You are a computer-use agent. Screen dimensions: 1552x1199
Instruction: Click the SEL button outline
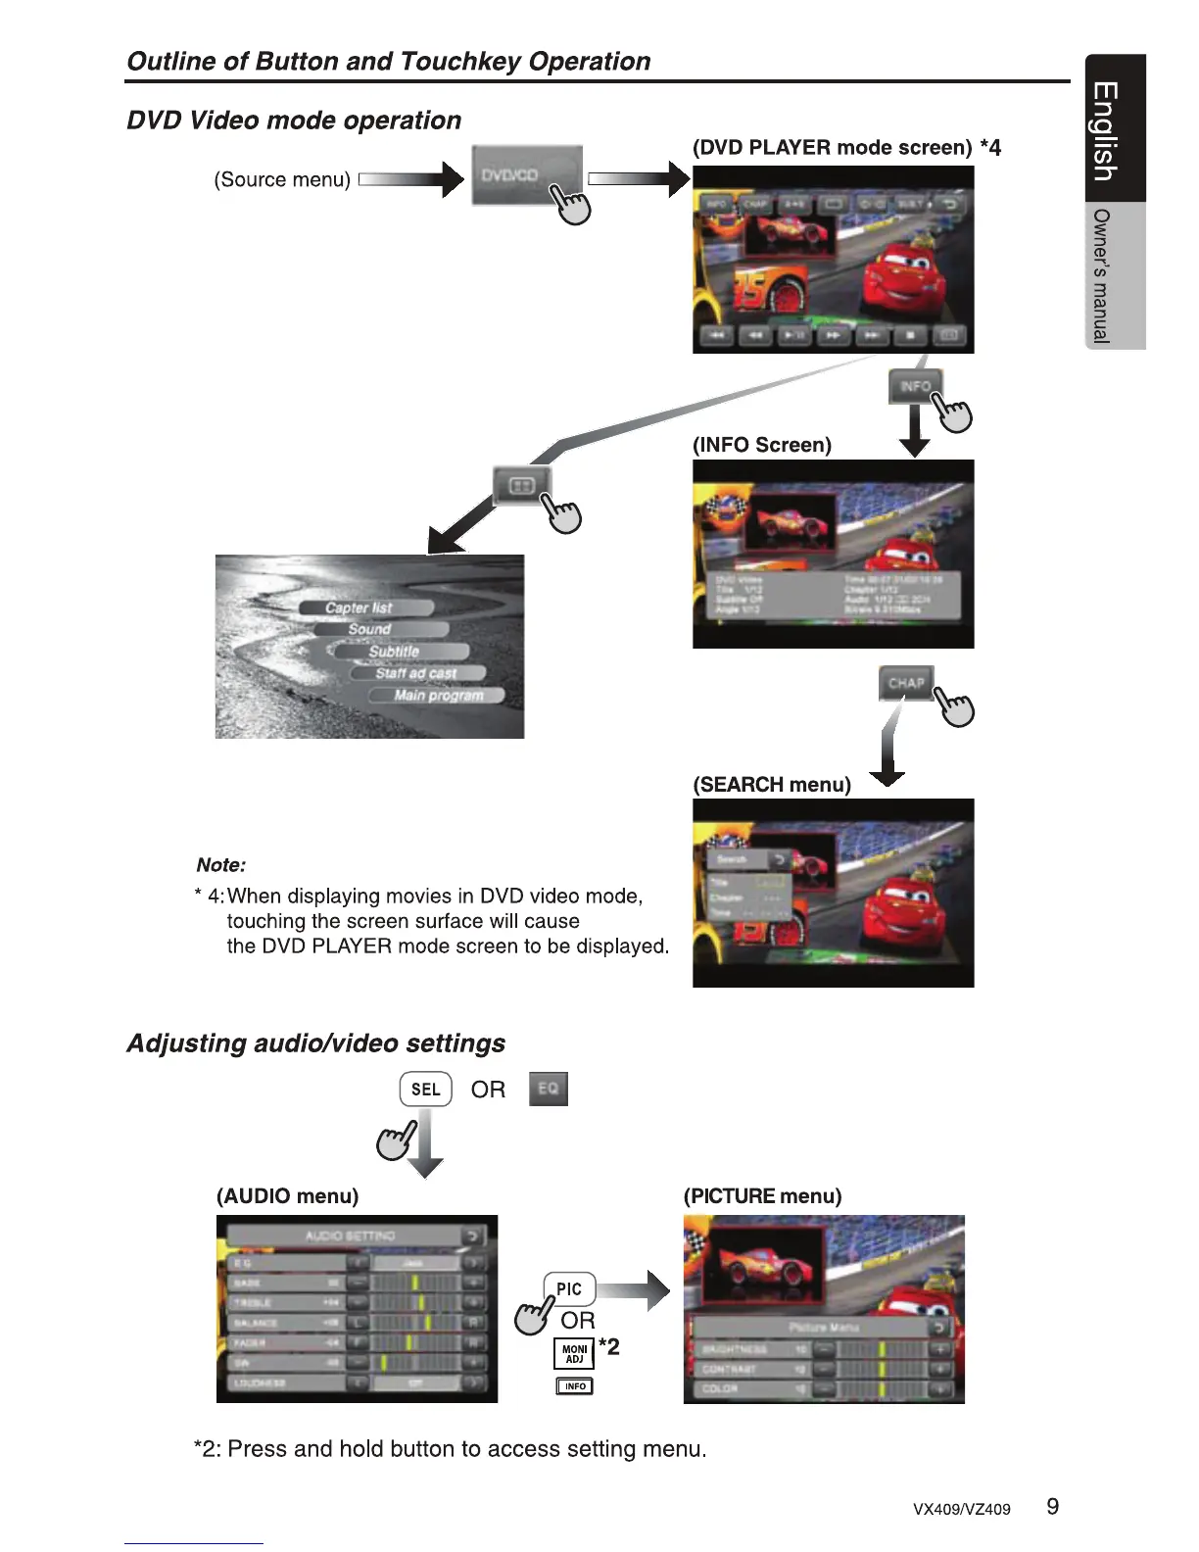pyautogui.click(x=425, y=1089)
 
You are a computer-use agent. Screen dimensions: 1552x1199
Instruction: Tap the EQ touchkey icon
pyautogui.click(x=548, y=1089)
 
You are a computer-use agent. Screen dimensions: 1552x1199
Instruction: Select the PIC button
pyautogui.click(x=569, y=1288)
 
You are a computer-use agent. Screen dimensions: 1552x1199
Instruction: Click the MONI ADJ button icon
pyautogui.click(x=575, y=1354)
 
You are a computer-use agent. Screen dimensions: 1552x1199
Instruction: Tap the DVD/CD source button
pyautogui.click(x=526, y=175)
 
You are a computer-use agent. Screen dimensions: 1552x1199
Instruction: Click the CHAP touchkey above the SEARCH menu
pyautogui.click(x=906, y=683)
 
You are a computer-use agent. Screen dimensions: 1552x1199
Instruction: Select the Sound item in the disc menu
pyautogui.click(x=369, y=629)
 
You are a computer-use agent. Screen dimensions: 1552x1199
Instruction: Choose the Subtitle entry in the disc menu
pyautogui.click(x=394, y=651)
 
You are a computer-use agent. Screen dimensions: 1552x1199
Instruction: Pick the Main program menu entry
pyautogui.click(x=438, y=695)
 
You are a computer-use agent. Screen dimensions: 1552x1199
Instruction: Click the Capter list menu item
pyautogui.click(x=359, y=607)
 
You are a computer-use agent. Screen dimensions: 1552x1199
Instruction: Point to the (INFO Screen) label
pyautogui.click(x=762, y=445)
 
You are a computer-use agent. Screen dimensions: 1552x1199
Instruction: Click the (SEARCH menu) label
pyautogui.click(x=772, y=785)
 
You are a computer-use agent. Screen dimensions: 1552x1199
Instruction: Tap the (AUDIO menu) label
pyautogui.click(x=287, y=1196)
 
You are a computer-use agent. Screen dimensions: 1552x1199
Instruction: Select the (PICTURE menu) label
pyautogui.click(x=762, y=1196)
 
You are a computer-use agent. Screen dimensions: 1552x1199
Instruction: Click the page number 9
pyautogui.click(x=1052, y=1507)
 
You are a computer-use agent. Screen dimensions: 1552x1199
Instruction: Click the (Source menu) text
pyautogui.click(x=282, y=179)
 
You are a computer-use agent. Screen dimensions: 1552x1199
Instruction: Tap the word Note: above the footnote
pyautogui.click(x=220, y=865)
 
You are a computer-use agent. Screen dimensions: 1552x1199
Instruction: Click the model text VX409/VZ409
pyautogui.click(x=961, y=1510)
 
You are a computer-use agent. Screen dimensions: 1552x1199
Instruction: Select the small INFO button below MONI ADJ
pyautogui.click(x=575, y=1386)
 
